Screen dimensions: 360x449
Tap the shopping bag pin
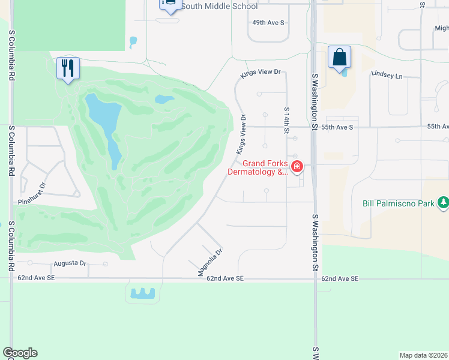coord(339,58)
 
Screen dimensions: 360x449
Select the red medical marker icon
coord(297,166)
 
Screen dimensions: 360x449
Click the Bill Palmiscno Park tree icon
coord(443,203)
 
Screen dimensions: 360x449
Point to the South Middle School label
coord(219,6)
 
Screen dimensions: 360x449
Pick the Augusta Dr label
coord(70,263)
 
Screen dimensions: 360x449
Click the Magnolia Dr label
coord(211,263)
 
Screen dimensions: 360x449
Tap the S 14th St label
coord(287,121)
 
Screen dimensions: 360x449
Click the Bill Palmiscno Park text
coord(398,203)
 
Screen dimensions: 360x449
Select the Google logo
coord(20,353)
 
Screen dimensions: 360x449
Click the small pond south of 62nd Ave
coord(142,293)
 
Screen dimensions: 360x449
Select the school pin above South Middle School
coord(170,5)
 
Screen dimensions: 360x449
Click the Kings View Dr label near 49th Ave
coord(261,73)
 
